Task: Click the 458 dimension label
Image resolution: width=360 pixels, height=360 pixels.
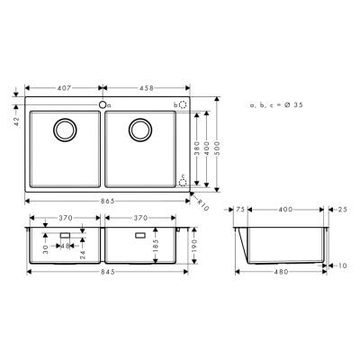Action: point(149,88)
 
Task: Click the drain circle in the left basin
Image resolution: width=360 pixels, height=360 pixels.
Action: point(65,130)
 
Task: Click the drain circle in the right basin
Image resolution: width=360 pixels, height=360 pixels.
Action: point(140,130)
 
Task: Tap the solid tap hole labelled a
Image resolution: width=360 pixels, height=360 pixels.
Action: point(103,105)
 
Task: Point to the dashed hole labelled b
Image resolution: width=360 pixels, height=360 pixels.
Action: point(184,105)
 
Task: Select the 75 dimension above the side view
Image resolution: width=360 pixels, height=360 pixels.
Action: point(240,209)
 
